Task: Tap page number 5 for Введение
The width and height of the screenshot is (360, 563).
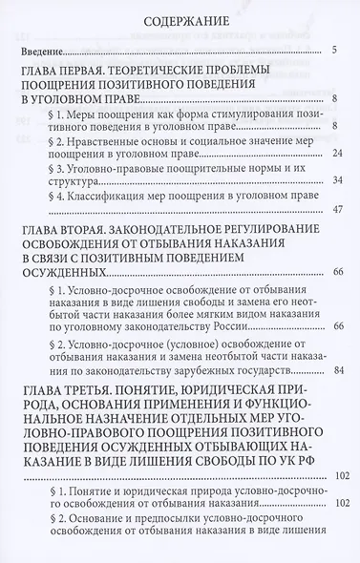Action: (x=324, y=51)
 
